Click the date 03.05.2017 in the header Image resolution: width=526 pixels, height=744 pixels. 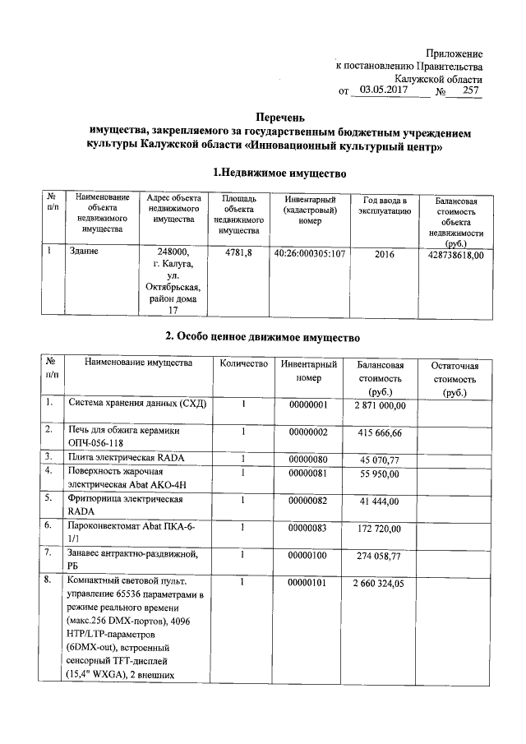[385, 91]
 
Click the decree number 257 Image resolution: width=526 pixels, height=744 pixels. [470, 91]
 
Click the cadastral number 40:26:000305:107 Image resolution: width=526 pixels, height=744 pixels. [308, 254]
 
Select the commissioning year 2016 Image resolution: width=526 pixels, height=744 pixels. [385, 254]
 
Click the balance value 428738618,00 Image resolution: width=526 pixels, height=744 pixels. [452, 255]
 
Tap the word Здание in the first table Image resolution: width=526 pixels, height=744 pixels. [85, 252]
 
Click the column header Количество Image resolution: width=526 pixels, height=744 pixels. [244, 363]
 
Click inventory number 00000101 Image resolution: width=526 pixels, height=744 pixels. [308, 583]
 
